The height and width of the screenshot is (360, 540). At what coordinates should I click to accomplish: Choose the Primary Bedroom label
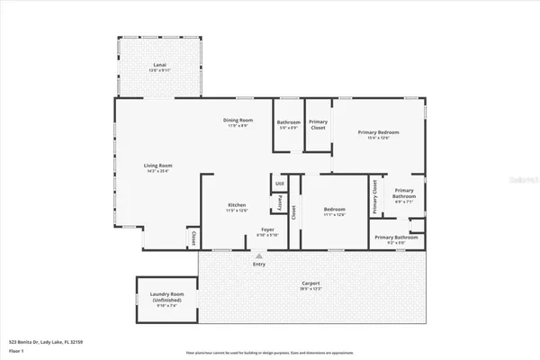coord(379,134)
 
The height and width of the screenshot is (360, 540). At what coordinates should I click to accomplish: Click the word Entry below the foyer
coord(259,264)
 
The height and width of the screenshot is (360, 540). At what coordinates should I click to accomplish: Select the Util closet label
coord(280,185)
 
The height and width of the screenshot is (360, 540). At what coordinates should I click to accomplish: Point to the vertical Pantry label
coord(280,205)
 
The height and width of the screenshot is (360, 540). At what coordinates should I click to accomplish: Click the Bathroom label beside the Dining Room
coord(289,124)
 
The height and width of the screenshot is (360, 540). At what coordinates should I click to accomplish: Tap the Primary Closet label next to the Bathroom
coord(318,125)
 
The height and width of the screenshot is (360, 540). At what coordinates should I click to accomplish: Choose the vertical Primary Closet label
coord(374,198)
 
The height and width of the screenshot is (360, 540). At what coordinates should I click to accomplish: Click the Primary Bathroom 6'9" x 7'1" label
coord(404,195)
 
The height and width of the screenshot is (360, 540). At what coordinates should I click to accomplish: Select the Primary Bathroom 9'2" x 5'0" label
coord(395,238)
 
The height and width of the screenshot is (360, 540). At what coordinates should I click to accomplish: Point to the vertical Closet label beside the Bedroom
coord(302,213)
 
